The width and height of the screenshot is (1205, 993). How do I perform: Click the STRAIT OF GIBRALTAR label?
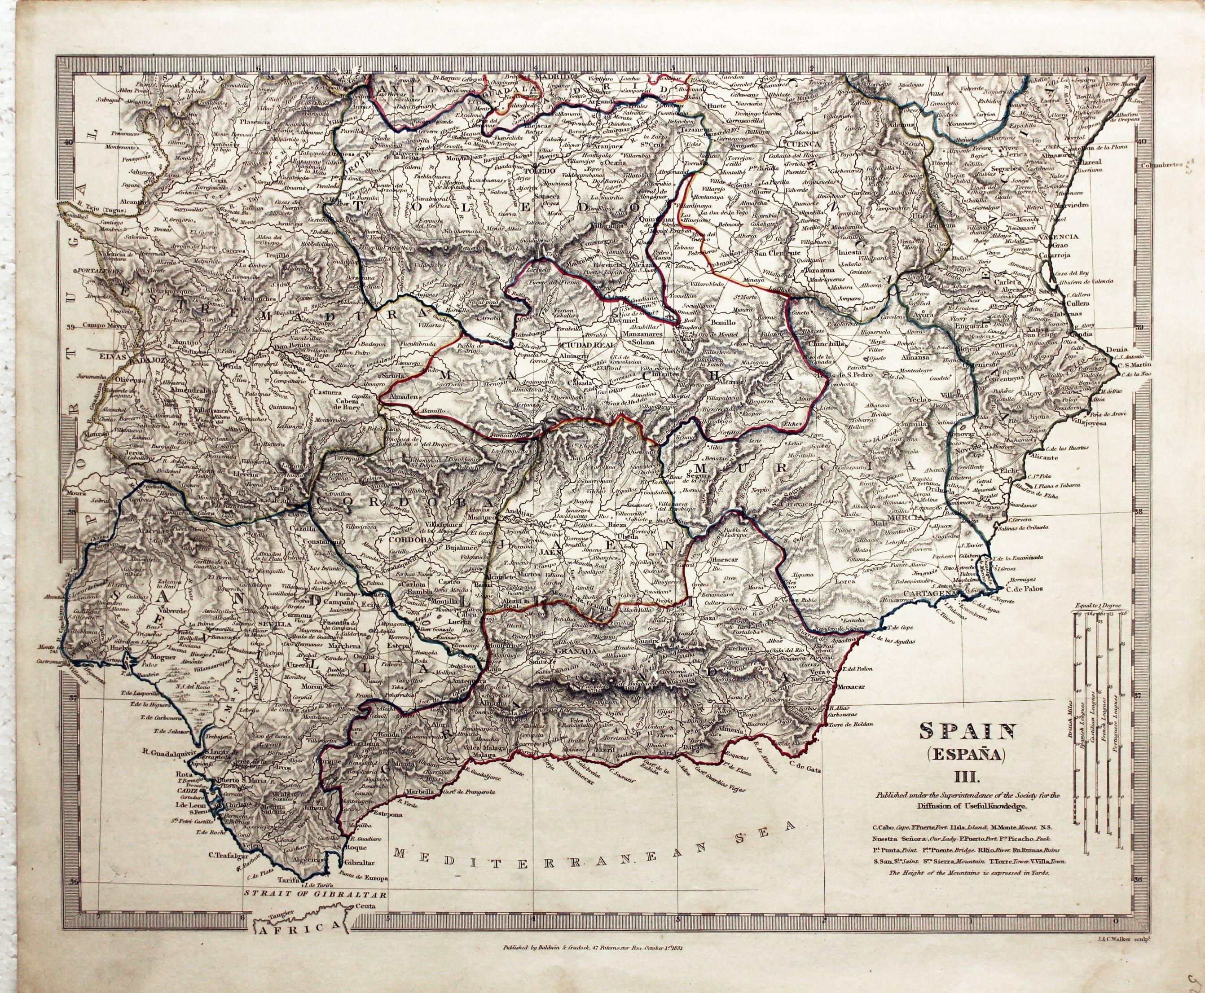pyautogui.click(x=315, y=910)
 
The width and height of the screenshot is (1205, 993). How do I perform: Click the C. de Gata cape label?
pyautogui.click(x=805, y=770)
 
